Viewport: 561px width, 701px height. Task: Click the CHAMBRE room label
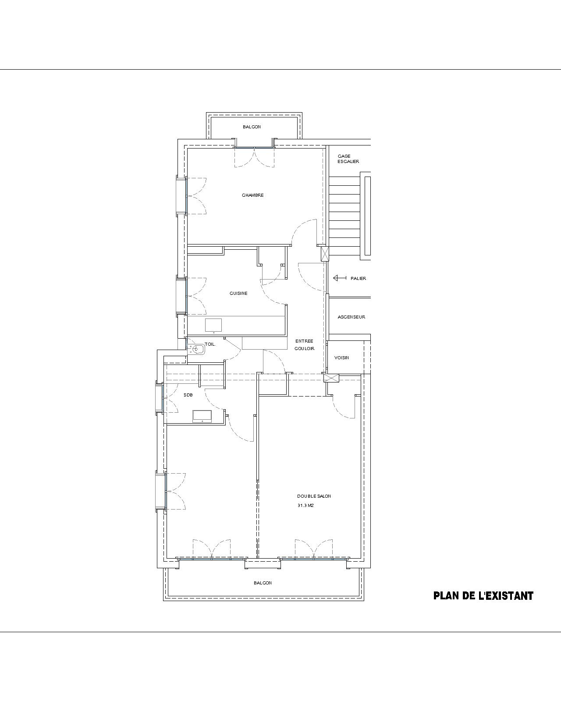pos(252,195)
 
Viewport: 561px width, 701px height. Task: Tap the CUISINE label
pos(238,293)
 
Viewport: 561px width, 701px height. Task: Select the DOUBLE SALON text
pos(314,496)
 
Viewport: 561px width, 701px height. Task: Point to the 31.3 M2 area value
pos(305,506)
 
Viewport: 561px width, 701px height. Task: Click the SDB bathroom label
pos(188,395)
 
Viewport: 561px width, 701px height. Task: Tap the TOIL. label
pos(210,344)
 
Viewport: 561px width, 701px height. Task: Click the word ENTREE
pos(304,341)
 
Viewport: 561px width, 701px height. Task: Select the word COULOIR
pos(305,348)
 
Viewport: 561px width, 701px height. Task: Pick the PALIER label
pos(358,278)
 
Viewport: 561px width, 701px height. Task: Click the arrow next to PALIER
pos(340,278)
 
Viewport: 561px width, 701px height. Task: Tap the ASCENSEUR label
pos(352,317)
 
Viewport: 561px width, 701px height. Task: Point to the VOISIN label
pos(341,358)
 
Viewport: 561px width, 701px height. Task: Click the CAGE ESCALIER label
pos(348,159)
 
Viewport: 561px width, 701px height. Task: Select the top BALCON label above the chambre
pos(252,127)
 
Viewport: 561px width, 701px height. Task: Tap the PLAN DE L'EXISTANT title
pos(483,596)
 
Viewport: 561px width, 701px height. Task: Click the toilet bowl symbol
pos(197,349)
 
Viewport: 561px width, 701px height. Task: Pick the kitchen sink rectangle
pos(213,325)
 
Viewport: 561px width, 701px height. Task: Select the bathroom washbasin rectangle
pos(202,416)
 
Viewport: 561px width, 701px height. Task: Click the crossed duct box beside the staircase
pos(325,254)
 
